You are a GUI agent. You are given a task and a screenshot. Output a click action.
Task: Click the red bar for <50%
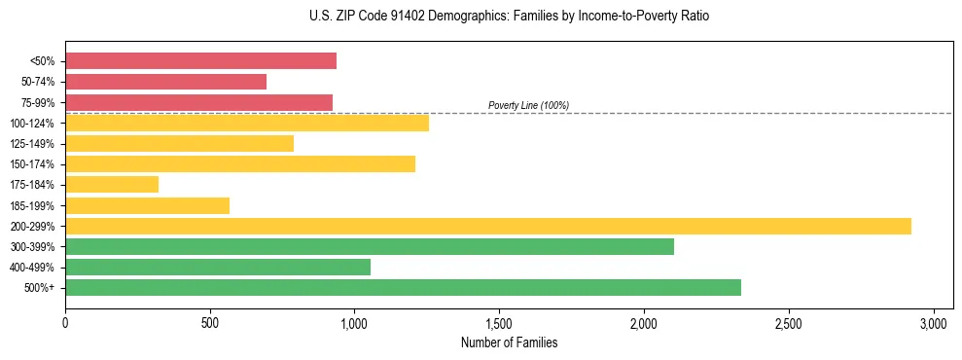tap(200, 61)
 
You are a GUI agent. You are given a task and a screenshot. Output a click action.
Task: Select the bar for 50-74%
tap(165, 82)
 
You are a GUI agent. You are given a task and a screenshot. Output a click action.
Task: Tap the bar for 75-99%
tap(198, 102)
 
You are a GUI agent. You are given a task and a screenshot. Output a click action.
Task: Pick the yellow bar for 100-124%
tap(247, 123)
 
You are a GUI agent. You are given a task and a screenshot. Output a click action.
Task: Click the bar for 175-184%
tap(112, 185)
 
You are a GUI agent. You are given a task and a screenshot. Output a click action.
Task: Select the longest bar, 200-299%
tap(488, 226)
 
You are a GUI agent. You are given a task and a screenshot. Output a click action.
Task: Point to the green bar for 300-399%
tap(370, 246)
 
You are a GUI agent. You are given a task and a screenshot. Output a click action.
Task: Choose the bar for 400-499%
tap(218, 267)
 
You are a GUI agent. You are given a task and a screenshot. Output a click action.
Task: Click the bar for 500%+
tap(403, 287)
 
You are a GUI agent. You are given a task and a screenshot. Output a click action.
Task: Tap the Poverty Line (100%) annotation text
tap(528, 105)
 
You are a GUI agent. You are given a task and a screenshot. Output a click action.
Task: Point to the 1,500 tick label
tap(499, 323)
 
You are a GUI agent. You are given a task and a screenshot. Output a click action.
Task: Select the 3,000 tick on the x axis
tap(933, 323)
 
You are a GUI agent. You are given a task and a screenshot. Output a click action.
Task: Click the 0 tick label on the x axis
tap(65, 323)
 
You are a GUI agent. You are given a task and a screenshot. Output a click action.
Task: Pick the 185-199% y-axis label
tap(38, 205)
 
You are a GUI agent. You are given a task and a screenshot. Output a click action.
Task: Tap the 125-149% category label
tap(38, 144)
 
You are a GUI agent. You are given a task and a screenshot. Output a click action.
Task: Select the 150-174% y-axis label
tap(38, 164)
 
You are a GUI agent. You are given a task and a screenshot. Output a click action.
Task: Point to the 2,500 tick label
tap(788, 323)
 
